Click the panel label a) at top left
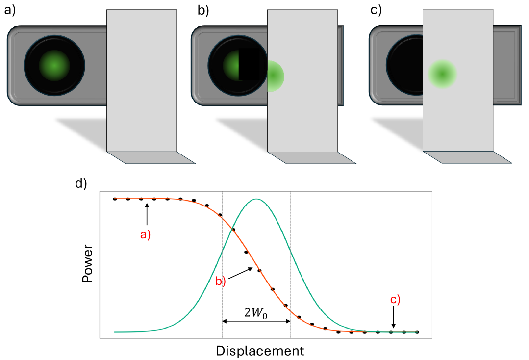pos(10,10)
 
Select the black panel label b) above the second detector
pos(203,10)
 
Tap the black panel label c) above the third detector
pos(376,10)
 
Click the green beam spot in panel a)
pos(54,65)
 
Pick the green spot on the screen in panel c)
pos(442,74)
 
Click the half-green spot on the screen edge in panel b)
pos(276,76)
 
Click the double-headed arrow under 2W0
pos(256,321)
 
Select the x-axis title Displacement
pos(259,351)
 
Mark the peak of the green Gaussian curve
pos(256,199)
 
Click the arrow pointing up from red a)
pos(147,216)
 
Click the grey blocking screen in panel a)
pos(142,81)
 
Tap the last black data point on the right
pos(417,332)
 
